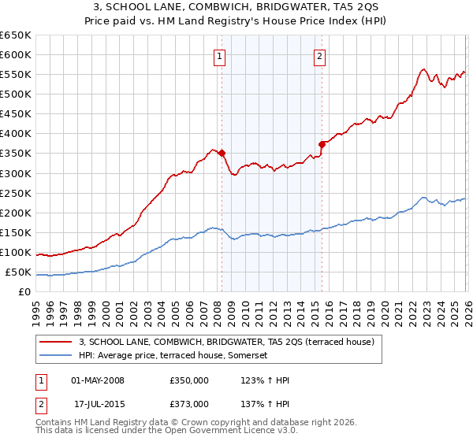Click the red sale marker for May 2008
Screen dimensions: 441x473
(x=222, y=154)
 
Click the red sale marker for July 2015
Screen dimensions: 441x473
(x=322, y=144)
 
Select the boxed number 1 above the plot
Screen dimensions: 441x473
(x=218, y=56)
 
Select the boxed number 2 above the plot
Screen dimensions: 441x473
(x=319, y=56)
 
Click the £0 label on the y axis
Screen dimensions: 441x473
(x=24, y=292)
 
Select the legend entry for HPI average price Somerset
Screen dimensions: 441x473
(x=173, y=356)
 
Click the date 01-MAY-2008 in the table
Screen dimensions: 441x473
(x=98, y=381)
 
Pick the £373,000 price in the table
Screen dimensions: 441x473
(x=189, y=403)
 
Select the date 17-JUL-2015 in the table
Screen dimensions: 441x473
(x=98, y=403)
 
